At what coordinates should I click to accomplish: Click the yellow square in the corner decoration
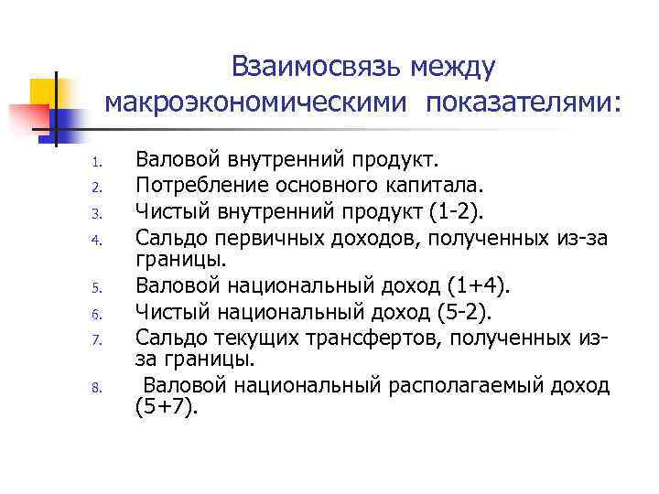coord(44,91)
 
